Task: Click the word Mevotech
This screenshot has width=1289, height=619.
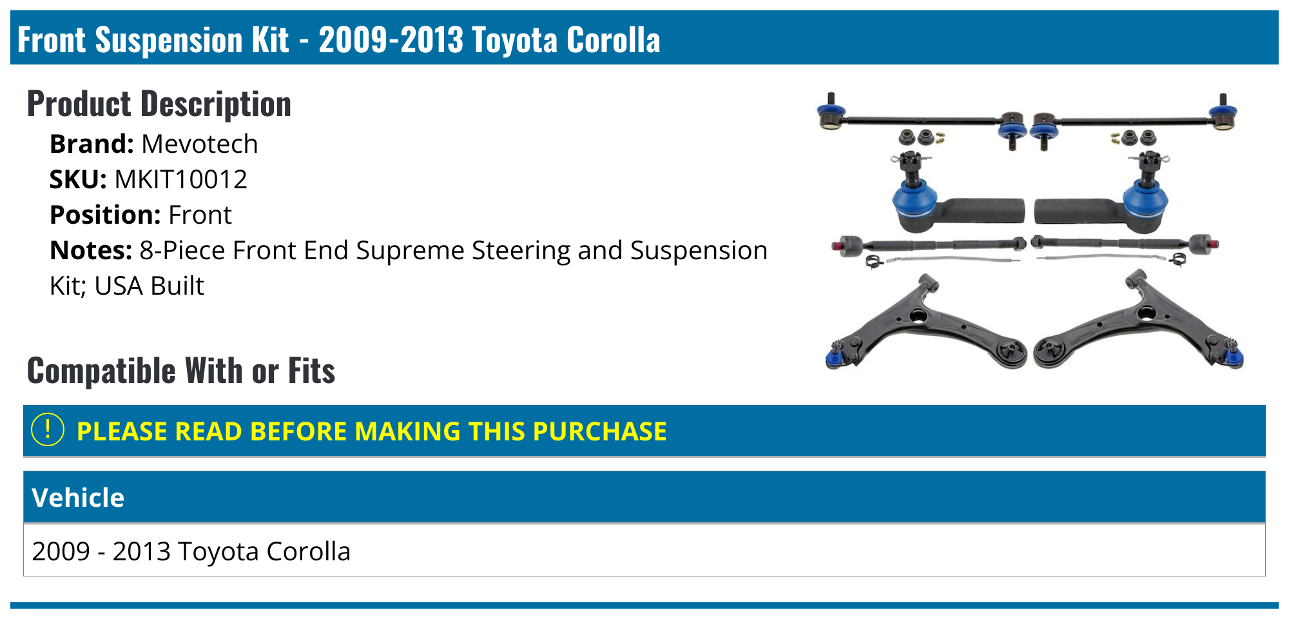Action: [x=199, y=144]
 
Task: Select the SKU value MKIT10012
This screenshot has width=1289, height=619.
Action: [x=180, y=179]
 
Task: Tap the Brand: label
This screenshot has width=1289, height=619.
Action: [x=92, y=144]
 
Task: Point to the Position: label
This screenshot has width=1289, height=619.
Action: [x=104, y=215]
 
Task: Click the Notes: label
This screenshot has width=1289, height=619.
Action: [x=91, y=250]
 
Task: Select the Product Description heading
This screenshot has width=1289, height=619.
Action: [x=159, y=104]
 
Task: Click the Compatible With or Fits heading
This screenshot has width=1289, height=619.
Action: [x=181, y=371]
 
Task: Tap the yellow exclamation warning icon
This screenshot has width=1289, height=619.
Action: [x=48, y=430]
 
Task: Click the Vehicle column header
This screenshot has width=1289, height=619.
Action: [x=78, y=498]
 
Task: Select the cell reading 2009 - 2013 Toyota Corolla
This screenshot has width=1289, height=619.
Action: [x=191, y=551]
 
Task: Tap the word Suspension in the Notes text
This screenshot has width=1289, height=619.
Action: [x=699, y=250]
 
